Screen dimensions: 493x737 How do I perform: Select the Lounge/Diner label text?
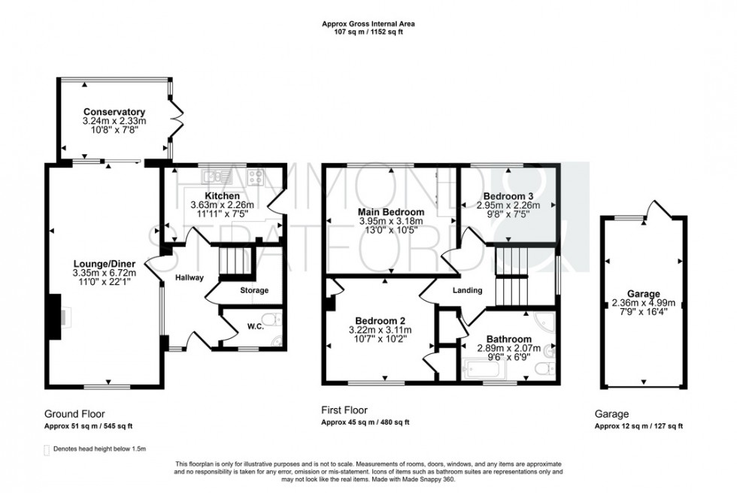(x=104, y=263)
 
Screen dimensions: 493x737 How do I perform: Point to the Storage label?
(x=253, y=290)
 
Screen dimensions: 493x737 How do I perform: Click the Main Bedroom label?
(x=390, y=212)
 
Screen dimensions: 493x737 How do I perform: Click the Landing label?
(x=466, y=290)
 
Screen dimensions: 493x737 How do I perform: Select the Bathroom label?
(x=508, y=340)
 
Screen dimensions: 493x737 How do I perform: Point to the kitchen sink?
(x=210, y=177)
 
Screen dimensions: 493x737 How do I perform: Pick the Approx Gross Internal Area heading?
(x=368, y=24)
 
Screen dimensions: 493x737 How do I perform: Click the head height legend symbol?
(x=47, y=449)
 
